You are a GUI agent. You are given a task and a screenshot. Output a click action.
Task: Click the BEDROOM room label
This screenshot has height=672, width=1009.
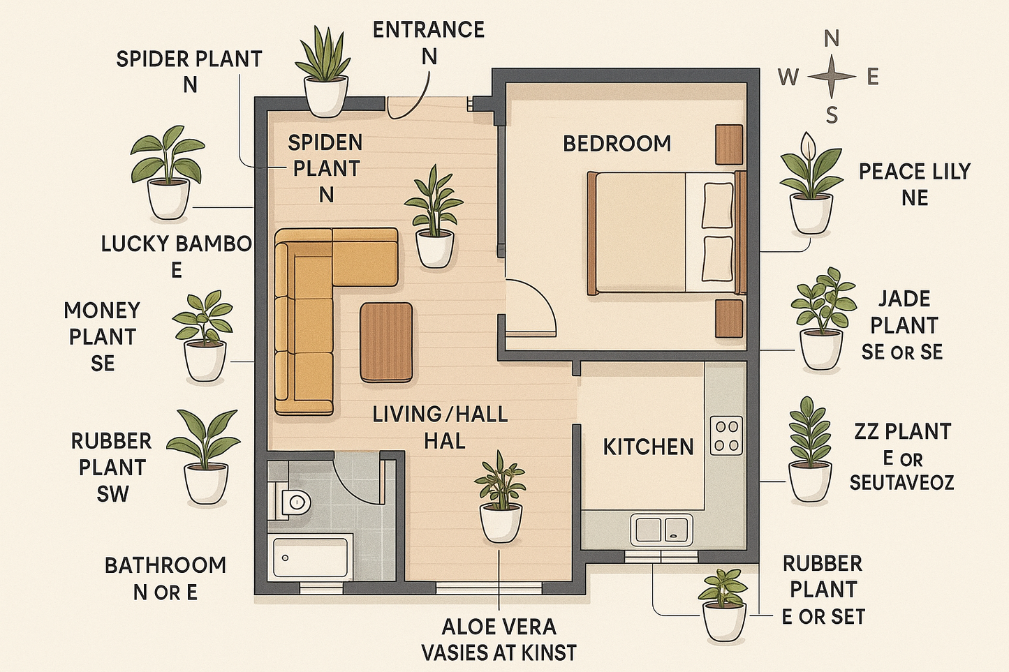pyautogui.click(x=617, y=144)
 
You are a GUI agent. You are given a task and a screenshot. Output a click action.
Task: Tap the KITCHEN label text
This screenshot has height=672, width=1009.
pyautogui.click(x=648, y=447)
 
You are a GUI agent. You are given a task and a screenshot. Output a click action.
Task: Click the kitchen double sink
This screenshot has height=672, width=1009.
pyautogui.click(x=661, y=529)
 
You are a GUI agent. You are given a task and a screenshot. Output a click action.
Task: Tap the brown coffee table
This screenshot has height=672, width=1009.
pyautogui.click(x=386, y=342)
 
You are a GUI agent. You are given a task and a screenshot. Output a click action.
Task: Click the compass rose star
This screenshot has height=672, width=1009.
pyautogui.click(x=831, y=76)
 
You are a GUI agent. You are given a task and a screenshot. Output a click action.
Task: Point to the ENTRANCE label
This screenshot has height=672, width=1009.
pyautogui.click(x=428, y=30)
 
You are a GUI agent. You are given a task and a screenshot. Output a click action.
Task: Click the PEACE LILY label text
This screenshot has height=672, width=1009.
pyautogui.click(x=914, y=172)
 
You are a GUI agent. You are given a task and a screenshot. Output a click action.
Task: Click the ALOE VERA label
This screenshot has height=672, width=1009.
pyautogui.click(x=499, y=626)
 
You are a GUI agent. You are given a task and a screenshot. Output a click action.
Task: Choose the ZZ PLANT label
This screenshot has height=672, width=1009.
pyautogui.click(x=902, y=432)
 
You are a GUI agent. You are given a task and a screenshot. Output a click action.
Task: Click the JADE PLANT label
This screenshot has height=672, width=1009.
pyautogui.click(x=904, y=312)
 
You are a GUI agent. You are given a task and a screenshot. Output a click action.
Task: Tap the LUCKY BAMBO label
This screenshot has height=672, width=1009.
pyautogui.click(x=176, y=244)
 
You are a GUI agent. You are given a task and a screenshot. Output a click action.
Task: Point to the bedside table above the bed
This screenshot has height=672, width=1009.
pyautogui.click(x=728, y=144)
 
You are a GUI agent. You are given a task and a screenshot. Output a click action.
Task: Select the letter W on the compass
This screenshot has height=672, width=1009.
pyautogui.click(x=788, y=77)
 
